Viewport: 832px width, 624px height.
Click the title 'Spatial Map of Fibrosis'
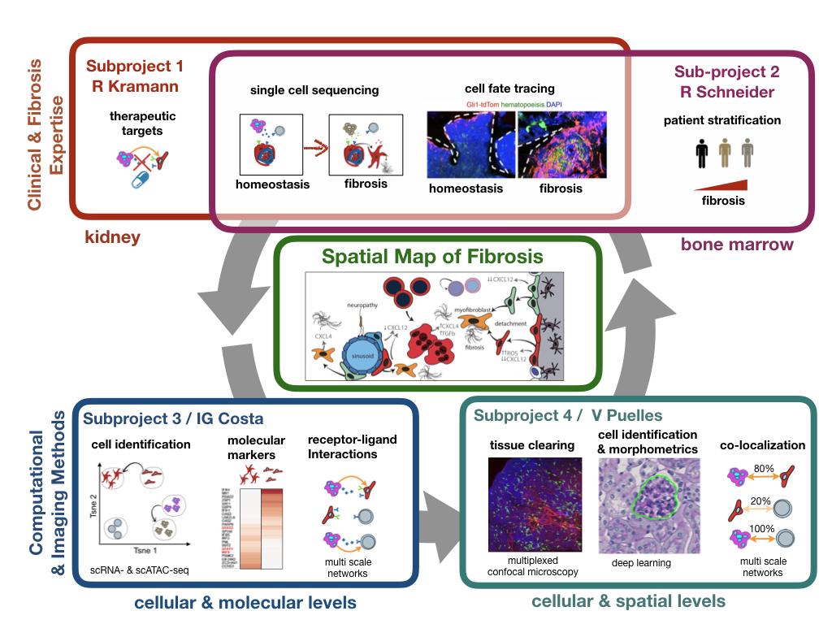432,257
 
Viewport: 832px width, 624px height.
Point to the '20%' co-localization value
762,501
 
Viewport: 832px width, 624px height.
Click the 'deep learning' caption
641,562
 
